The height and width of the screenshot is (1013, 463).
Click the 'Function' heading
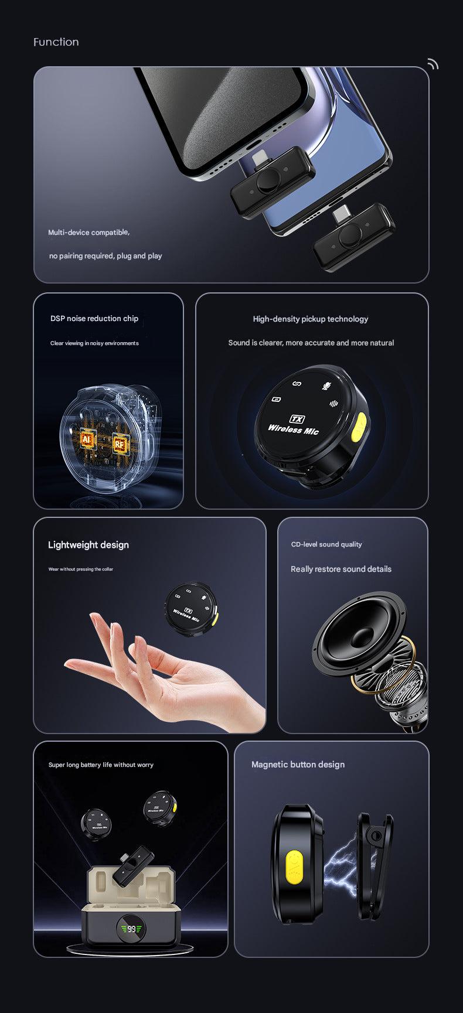pos(56,42)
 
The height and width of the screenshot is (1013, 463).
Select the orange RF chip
pos(120,444)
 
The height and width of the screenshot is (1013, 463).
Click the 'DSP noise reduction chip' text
pos(94,319)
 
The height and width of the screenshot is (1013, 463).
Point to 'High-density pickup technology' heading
pos(311,319)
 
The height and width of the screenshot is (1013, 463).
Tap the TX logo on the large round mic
pos(298,419)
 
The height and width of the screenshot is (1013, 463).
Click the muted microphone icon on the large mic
pos(326,385)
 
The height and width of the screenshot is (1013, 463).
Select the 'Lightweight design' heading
pos(88,545)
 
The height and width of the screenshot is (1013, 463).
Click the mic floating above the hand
pos(192,608)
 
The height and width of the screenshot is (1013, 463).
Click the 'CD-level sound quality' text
pos(326,545)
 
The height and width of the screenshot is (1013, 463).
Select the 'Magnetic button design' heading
pos(298,765)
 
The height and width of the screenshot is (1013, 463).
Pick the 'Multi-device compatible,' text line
pos(89,233)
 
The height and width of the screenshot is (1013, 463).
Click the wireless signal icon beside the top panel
pos(433,64)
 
